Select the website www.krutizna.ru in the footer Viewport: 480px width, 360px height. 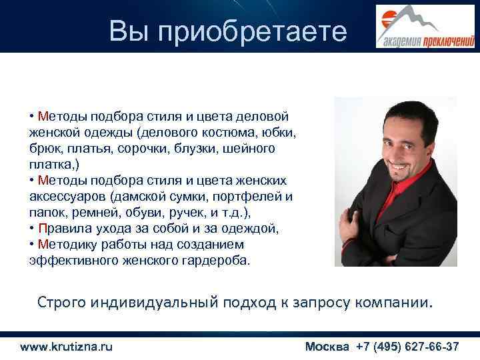click(x=66, y=347)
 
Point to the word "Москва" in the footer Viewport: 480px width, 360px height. click(x=329, y=347)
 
